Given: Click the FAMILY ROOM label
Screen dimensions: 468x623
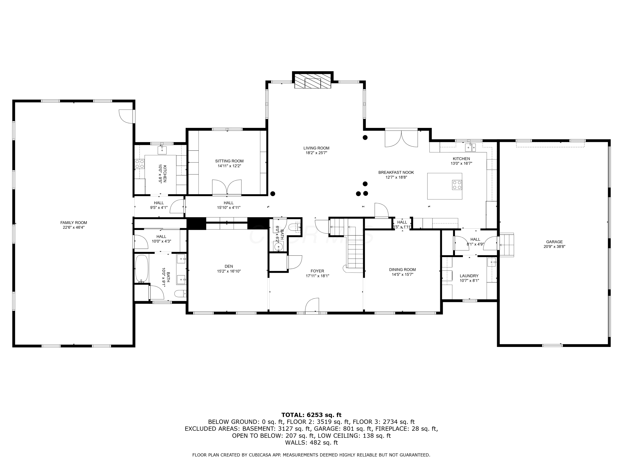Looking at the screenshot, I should pos(74,223).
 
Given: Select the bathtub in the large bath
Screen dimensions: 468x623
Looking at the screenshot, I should pos(142,269).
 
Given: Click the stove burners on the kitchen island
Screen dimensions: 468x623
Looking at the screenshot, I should pos(457,185).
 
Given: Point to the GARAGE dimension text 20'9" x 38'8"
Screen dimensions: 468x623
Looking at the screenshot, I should pos(554,246).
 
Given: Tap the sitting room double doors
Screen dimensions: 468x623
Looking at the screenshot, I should pos(227,187).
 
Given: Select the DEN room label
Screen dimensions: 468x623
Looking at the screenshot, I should pos(229,266).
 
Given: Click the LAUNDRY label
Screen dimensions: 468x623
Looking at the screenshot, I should pos(469,276).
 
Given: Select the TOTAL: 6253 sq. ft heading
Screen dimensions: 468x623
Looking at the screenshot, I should pos(311,415).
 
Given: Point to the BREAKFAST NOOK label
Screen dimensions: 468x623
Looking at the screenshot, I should pos(396,172).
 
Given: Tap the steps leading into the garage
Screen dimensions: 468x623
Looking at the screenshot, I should pos(507,245).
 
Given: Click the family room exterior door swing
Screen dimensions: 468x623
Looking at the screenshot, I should pos(126,116).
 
